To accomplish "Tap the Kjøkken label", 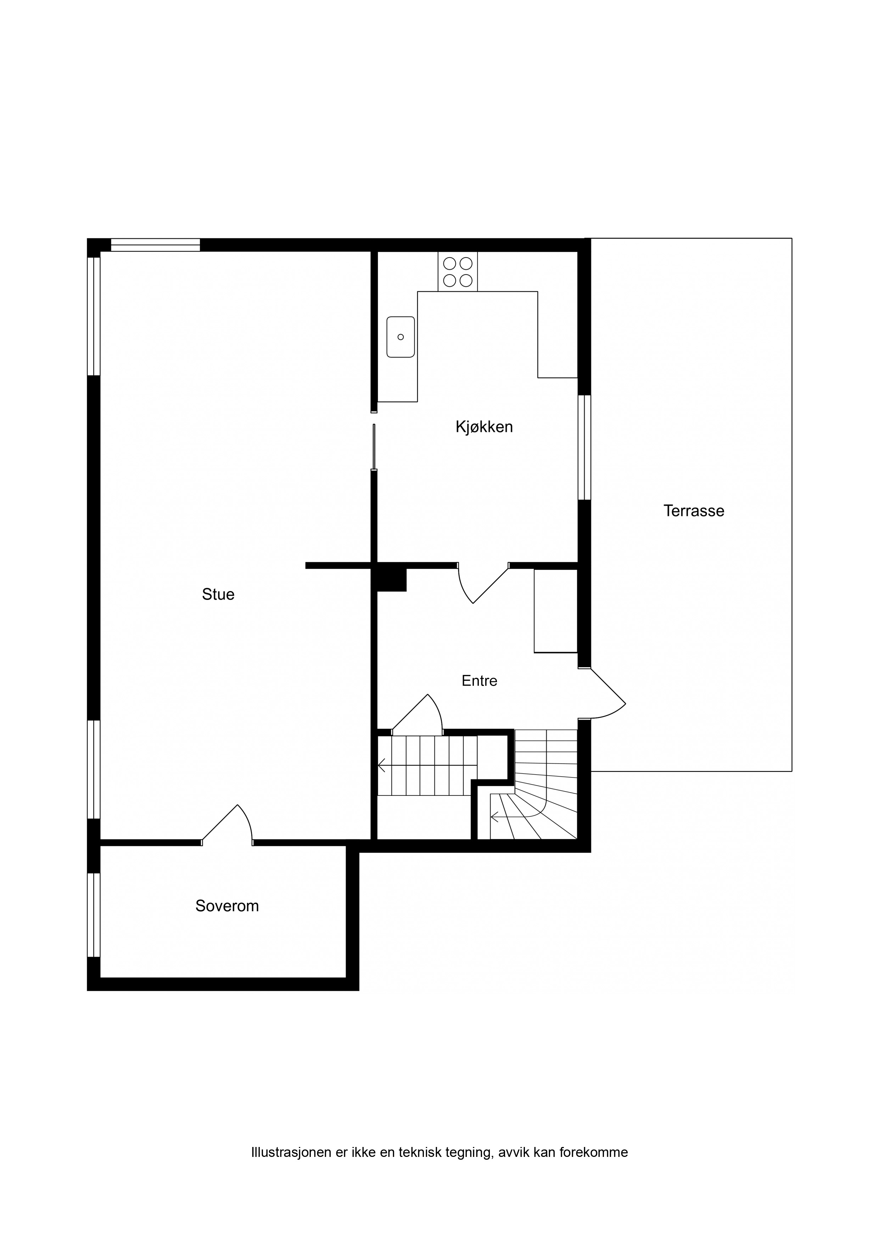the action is point(484,427).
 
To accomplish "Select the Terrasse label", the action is point(694,511).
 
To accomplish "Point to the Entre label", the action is point(479,681).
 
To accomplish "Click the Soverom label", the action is point(227,906).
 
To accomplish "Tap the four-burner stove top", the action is point(458,272).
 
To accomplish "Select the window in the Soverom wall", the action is point(94,915).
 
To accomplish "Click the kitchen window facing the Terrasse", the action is point(584,447).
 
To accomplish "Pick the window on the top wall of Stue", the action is point(156,245).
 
